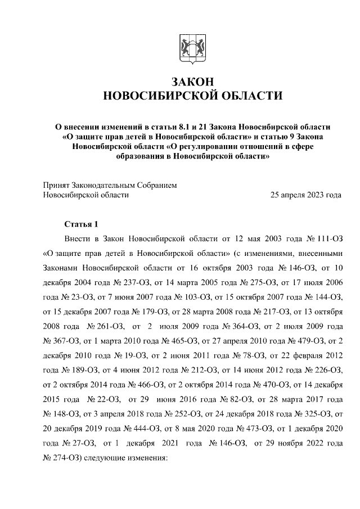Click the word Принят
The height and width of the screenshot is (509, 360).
point(56,184)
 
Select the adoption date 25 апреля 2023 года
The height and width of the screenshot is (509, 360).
point(306,195)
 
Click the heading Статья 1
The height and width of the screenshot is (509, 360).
point(82,223)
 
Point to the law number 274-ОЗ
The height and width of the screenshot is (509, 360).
point(62,458)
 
